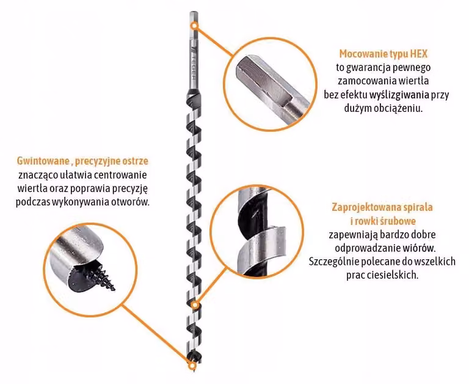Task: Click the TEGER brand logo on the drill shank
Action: pyautogui.click(x=193, y=64)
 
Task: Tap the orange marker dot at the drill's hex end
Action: pyautogui.click(x=194, y=26)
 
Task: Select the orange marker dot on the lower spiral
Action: pyautogui.click(x=195, y=305)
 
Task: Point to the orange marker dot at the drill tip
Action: pyautogui.click(x=192, y=366)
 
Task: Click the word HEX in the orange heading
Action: pyautogui.click(x=419, y=54)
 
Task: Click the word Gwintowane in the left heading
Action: pyautogui.click(x=43, y=161)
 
